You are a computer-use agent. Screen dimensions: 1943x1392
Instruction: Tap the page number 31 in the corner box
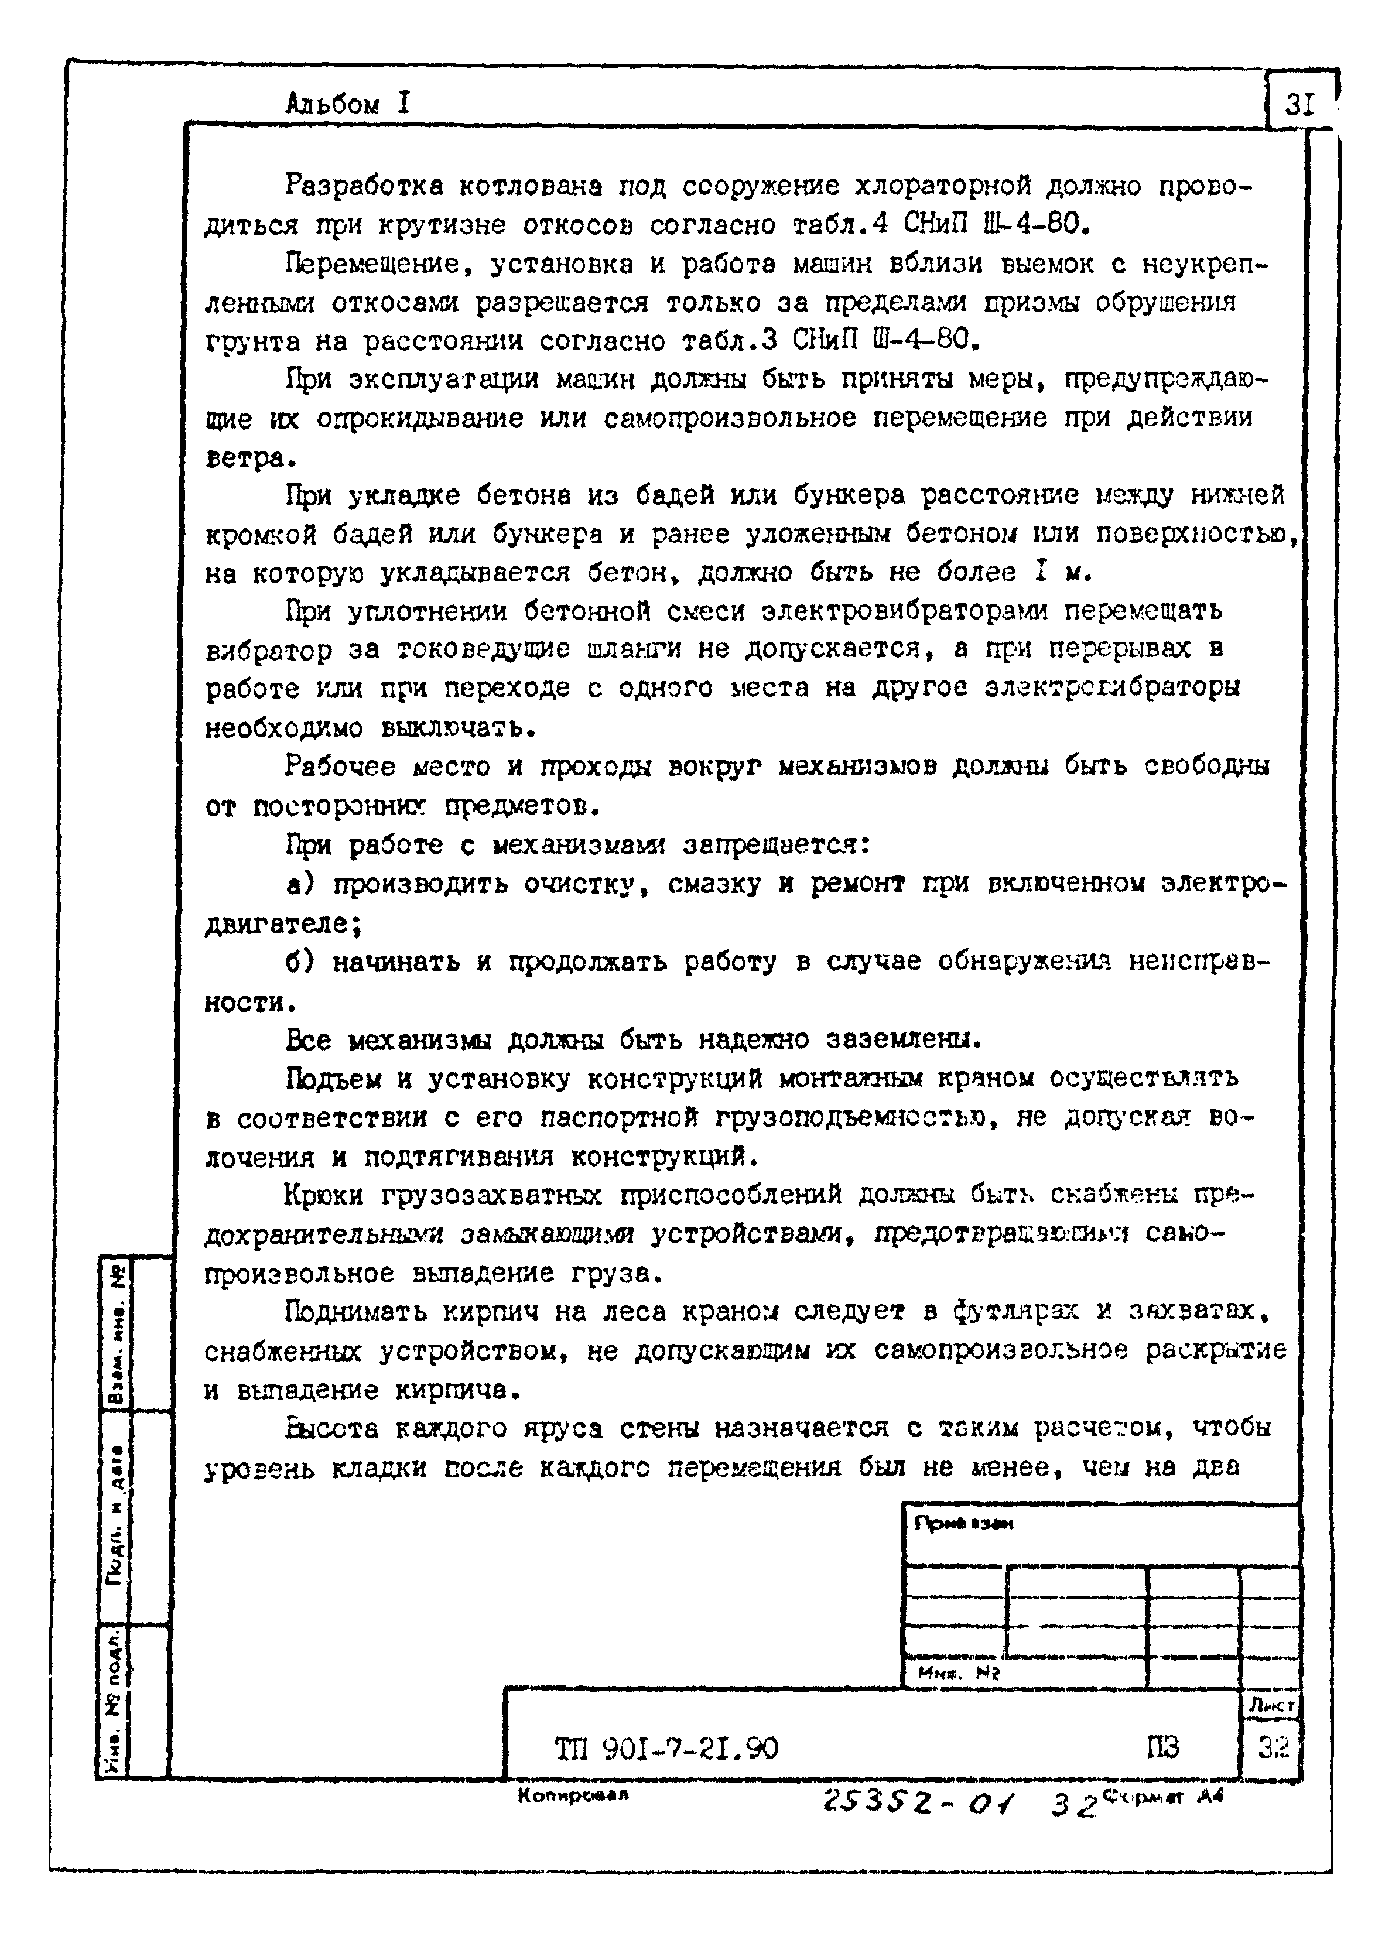[x=1299, y=104]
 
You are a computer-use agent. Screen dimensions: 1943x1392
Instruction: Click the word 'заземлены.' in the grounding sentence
[x=903, y=1040]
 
